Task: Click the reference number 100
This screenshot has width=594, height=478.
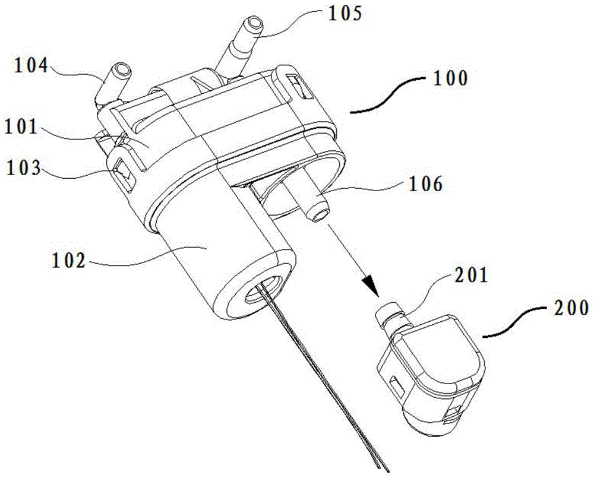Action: click(x=450, y=78)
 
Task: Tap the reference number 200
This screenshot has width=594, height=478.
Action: click(x=568, y=308)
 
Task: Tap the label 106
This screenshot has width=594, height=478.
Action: click(x=424, y=185)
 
